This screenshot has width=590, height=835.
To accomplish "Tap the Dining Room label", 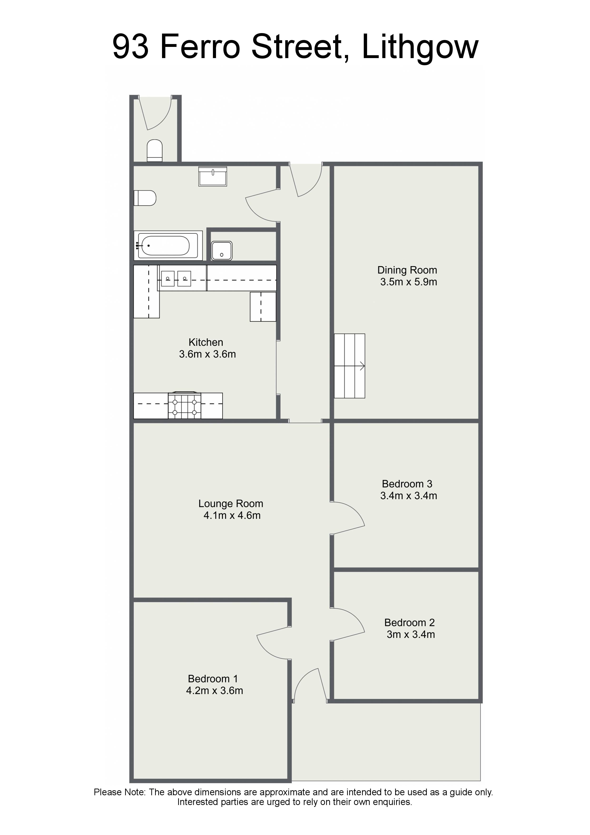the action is click(407, 270).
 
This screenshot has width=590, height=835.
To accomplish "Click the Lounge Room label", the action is click(231, 504).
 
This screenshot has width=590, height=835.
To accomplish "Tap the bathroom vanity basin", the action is click(213, 176).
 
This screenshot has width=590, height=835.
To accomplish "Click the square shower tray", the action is click(222, 251).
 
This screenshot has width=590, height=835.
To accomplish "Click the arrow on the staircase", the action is click(362, 366).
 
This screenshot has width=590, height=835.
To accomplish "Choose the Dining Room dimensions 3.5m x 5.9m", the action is click(409, 282).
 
